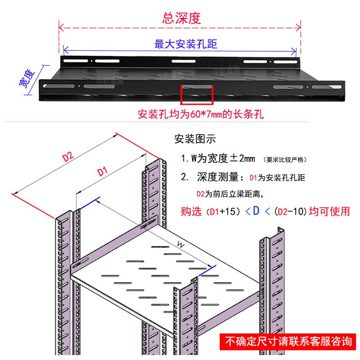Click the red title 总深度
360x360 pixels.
181,18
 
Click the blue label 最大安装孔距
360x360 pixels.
186,44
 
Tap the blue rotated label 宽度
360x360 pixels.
27,79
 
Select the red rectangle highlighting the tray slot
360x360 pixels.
197,94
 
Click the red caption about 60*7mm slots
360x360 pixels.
201,114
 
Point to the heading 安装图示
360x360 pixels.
195,139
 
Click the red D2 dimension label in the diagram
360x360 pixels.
68,157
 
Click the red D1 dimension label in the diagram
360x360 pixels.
103,171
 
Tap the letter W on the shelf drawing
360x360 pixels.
181,245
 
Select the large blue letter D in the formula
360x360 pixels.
256,211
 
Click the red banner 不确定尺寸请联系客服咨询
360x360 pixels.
288,342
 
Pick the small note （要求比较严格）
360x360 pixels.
285,160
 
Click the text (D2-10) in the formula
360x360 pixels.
291,211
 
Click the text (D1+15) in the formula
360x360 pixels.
223,211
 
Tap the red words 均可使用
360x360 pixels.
329,211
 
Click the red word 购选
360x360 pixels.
191,211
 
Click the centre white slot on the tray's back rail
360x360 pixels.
184,61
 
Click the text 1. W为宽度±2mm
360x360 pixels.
218,158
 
